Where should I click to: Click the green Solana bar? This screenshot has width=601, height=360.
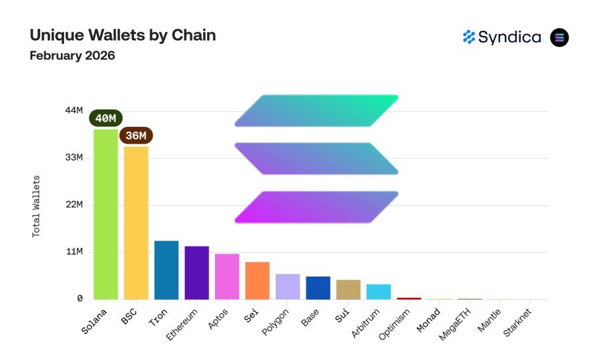pyautogui.click(x=106, y=214)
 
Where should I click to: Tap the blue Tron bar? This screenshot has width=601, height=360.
pyautogui.click(x=166, y=270)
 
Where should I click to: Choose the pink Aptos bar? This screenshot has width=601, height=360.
pyautogui.click(x=227, y=277)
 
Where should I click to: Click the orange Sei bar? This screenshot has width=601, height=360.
pyautogui.click(x=257, y=281)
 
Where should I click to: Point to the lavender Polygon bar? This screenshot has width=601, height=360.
pyautogui.click(x=288, y=287)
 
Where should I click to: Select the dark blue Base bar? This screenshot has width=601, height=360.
pyautogui.click(x=318, y=288)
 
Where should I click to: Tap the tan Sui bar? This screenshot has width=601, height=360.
pyautogui.click(x=348, y=289)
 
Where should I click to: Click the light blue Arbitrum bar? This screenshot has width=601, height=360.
pyautogui.click(x=379, y=292)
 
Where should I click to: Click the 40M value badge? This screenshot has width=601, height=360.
pyautogui.click(x=106, y=118)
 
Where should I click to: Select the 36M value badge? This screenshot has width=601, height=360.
pyautogui.click(x=136, y=136)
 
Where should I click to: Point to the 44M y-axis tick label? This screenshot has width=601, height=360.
pyautogui.click(x=73, y=110)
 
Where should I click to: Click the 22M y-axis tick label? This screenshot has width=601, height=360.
pyautogui.click(x=73, y=204)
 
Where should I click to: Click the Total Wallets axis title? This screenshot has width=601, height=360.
pyautogui.click(x=37, y=206)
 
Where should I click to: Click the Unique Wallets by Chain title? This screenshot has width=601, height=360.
pyautogui.click(x=123, y=35)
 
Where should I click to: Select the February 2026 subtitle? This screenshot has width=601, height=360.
pyautogui.click(x=72, y=55)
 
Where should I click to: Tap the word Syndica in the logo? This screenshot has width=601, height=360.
pyautogui.click(x=510, y=37)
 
